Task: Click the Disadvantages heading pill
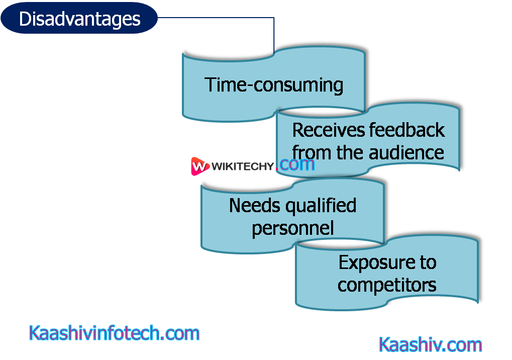79,19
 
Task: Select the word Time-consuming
273,84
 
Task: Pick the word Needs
253,205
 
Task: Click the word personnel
293,228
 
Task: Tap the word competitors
386,285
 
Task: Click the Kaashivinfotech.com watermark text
114,333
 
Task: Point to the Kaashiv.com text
431,345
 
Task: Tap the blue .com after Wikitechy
296,164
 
